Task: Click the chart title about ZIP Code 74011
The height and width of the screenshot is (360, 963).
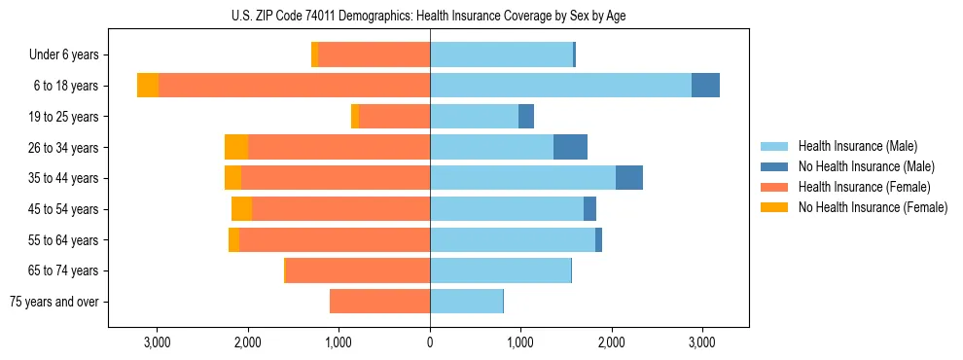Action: coord(429,16)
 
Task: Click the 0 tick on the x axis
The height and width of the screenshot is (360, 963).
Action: coord(430,342)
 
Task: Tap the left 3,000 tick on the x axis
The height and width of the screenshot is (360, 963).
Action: coord(157,342)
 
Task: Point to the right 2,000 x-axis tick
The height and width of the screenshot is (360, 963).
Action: coord(611,342)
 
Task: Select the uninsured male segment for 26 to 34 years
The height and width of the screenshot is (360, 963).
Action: coord(570,147)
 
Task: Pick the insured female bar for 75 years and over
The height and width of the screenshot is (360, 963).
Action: coord(379,302)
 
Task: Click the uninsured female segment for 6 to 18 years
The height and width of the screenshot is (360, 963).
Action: coord(148,86)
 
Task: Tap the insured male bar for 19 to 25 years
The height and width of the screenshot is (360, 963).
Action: coord(474,117)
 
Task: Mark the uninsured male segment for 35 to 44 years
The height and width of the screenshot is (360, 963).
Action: coord(629,178)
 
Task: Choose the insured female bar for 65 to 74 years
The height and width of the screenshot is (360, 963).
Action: coord(357,270)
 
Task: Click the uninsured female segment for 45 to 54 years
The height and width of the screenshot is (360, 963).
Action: coord(241,209)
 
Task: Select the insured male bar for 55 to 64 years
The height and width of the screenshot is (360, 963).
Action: coord(513,239)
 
